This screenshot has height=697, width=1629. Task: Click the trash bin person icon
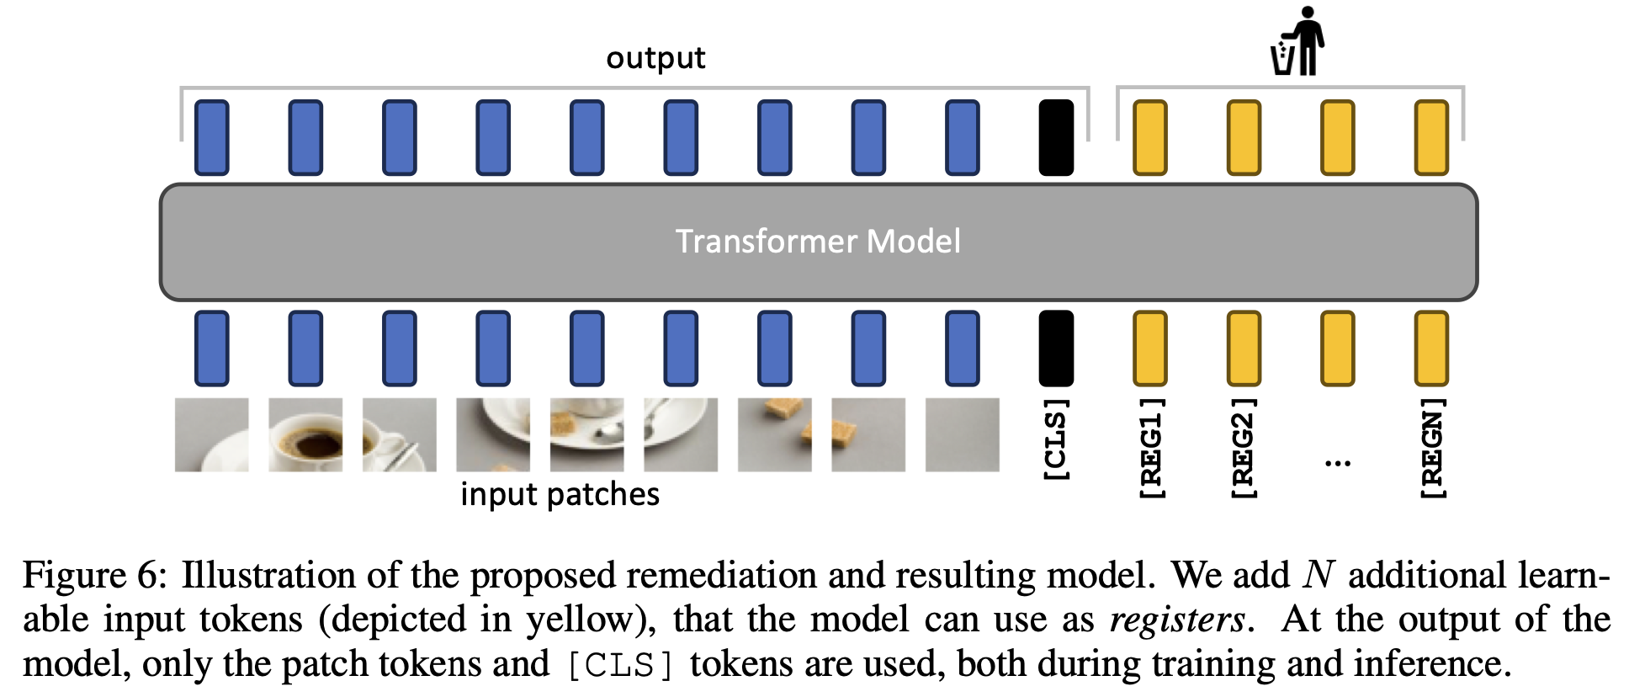pos(1297,42)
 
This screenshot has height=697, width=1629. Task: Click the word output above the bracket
pos(655,58)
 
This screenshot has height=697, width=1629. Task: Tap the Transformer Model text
pos(818,242)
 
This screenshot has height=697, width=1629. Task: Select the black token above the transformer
pos(1056,137)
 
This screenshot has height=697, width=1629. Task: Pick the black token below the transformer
pos(1056,348)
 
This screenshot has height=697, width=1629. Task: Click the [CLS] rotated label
pos(1056,439)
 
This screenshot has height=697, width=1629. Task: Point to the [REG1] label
pos(1150,448)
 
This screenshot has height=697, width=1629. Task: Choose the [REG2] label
pos(1244,448)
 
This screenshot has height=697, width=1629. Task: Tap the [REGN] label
pos(1431,448)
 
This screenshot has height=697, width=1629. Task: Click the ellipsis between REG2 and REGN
pos(1337,462)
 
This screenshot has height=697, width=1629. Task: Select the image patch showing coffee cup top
pos(305,434)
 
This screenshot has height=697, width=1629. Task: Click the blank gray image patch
pos(962,434)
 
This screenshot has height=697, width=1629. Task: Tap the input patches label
pos(560,494)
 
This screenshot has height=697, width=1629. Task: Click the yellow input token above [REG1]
pos(1150,348)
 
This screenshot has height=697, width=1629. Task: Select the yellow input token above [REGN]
pos(1431,348)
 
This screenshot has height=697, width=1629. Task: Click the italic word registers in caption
pos(1177,620)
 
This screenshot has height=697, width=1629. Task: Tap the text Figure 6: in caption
pos(95,576)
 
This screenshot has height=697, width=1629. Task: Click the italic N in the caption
pos(1318,576)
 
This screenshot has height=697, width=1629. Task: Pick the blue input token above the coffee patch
pos(305,348)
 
